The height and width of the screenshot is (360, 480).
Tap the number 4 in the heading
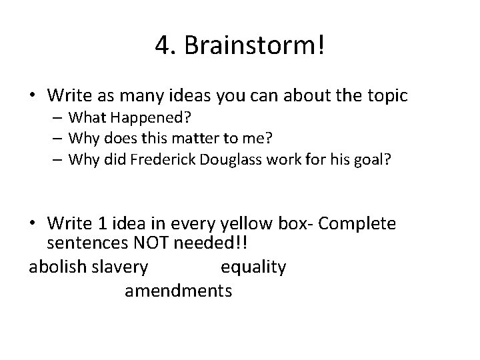(161, 46)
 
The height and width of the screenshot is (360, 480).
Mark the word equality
(253, 267)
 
